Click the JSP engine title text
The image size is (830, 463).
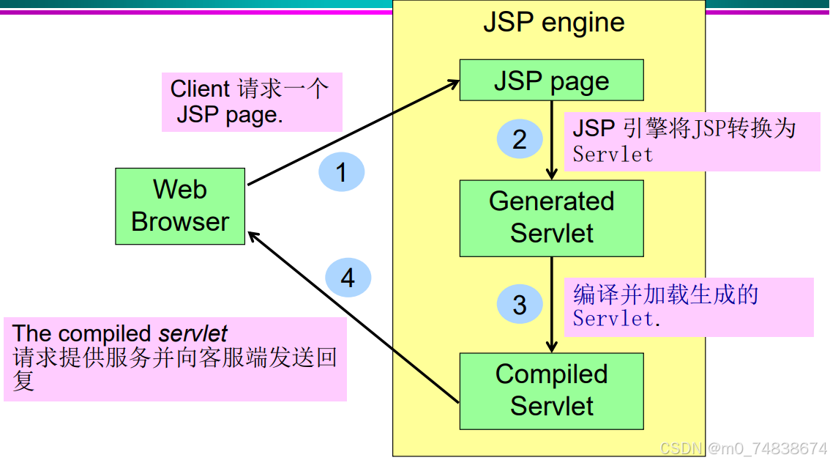tap(553, 23)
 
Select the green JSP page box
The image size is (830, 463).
tap(551, 81)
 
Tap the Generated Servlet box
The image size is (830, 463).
tap(551, 218)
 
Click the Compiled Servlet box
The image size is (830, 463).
tap(551, 390)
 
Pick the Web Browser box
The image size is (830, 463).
tap(180, 206)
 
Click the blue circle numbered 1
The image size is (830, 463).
tap(341, 173)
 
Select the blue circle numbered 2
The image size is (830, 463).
tap(520, 139)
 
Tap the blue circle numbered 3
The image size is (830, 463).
tap(520, 305)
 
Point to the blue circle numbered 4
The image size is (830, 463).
tap(348, 278)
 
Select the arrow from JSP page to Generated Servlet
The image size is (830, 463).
tap(552, 139)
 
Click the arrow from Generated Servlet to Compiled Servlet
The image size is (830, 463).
tap(552, 304)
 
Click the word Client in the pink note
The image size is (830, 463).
tap(200, 89)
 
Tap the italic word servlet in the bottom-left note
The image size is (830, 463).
tap(193, 334)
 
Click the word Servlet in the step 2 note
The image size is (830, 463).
tap(613, 155)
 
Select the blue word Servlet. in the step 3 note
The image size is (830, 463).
tap(616, 319)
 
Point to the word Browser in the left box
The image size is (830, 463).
tap(180, 221)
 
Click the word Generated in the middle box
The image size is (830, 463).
tap(551, 201)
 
